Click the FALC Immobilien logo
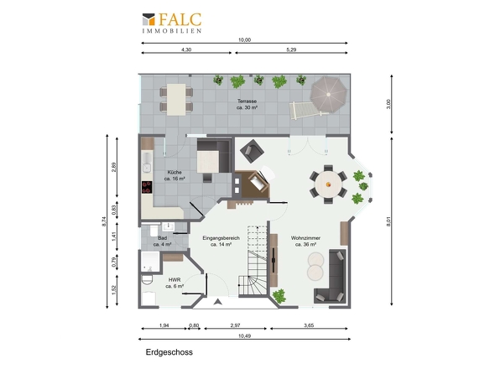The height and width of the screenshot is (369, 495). (172, 23)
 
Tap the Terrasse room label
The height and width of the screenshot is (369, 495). (247, 104)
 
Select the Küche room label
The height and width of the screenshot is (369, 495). (175, 175)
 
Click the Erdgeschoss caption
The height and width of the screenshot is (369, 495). (169, 352)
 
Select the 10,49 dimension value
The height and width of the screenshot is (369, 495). (244, 335)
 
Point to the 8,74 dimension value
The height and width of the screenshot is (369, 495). (105, 221)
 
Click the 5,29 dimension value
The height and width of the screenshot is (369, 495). (291, 49)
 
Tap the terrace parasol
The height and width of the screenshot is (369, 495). (328, 94)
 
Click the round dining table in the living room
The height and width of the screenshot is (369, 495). (328, 184)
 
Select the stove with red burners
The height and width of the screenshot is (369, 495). (147, 187)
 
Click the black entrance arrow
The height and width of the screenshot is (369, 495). (217, 302)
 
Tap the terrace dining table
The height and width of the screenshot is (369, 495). (176, 100)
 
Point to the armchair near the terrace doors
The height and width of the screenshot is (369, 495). (252, 151)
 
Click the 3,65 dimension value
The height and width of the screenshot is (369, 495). (309, 325)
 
